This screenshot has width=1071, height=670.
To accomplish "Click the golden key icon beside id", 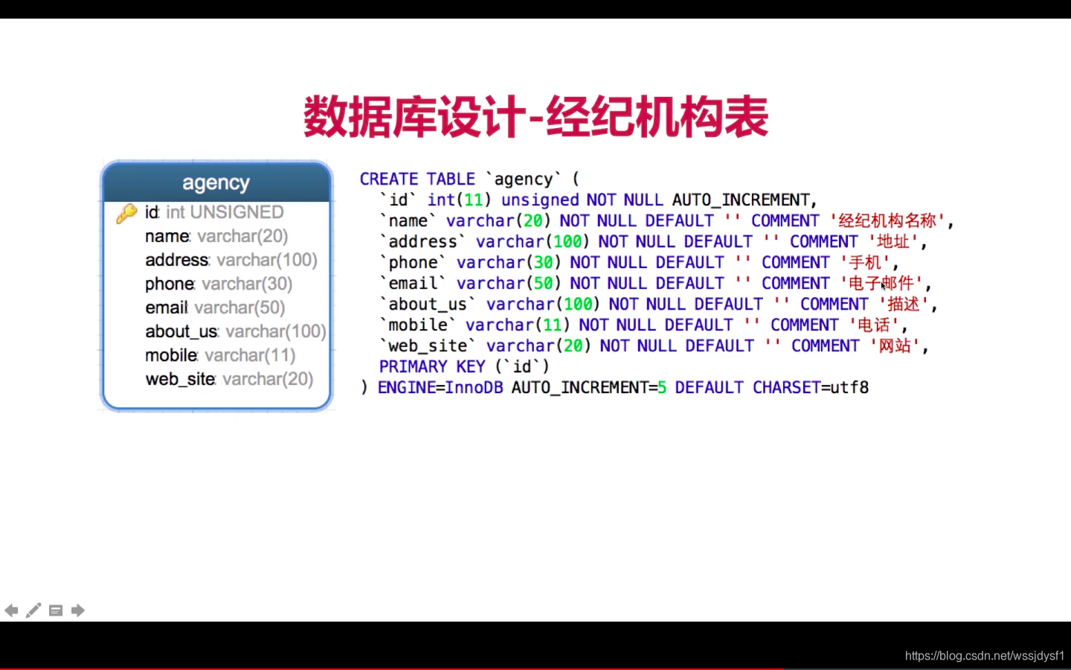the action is point(126,213).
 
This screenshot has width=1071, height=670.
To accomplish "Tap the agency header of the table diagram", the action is point(216,182).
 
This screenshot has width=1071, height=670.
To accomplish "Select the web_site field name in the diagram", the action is point(180,379).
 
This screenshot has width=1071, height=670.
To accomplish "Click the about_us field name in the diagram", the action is point(181,331).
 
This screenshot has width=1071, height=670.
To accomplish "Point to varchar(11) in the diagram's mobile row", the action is point(250,355).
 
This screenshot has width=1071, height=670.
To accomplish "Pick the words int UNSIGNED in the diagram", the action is point(225,212).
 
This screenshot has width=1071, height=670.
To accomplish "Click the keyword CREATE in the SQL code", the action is point(389,179).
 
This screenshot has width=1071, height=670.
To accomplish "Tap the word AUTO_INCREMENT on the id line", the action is point(741,200).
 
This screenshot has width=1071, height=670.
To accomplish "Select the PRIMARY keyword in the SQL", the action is point(413,366).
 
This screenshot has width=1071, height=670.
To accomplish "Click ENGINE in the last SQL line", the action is point(406,387).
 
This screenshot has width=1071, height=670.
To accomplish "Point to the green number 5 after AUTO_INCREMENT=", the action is point(662,387).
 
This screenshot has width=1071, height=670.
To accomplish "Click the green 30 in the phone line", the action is point(543,262).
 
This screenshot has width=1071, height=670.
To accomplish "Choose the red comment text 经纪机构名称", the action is point(887,220).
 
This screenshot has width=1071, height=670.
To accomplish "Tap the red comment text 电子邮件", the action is point(881,284).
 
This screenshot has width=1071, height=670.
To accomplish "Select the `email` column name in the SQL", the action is point(413,283).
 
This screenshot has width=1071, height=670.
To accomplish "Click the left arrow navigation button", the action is point(11,610).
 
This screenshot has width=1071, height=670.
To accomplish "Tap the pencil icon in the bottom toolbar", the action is point(33,610).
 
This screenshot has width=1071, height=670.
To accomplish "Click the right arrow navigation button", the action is point(78,610).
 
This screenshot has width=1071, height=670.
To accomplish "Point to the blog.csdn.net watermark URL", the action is point(985,656).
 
